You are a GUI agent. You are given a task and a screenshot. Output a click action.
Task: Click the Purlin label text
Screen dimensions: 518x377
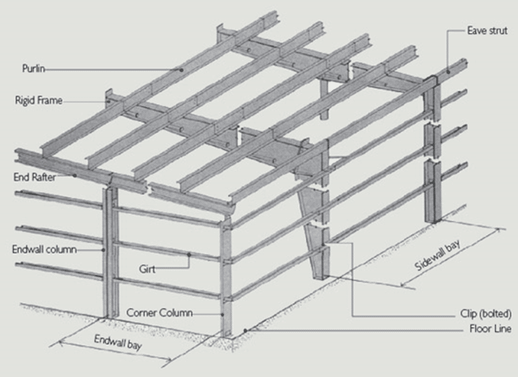(x=33, y=68)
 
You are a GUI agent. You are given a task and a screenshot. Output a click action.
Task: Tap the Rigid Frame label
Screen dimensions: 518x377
(x=38, y=100)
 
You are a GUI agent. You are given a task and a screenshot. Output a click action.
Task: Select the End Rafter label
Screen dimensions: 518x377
(x=34, y=177)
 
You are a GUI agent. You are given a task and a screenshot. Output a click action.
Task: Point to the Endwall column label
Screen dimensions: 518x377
(x=45, y=249)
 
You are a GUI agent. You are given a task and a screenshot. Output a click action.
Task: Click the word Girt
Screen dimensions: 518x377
(x=147, y=269)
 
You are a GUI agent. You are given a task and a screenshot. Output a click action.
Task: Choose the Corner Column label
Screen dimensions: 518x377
(x=160, y=312)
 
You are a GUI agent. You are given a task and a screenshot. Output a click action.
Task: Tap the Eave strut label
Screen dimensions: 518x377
(x=487, y=30)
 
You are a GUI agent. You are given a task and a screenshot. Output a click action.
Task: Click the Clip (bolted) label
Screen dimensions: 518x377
(x=486, y=314)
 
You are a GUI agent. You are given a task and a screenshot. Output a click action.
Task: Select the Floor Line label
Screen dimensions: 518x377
(x=490, y=328)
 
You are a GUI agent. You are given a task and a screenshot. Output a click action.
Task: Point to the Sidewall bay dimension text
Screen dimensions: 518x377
(x=437, y=255)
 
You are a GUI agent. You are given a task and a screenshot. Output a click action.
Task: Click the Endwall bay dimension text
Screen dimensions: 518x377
(x=118, y=342)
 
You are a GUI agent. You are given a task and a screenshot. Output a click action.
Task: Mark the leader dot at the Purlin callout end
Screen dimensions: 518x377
(x=181, y=69)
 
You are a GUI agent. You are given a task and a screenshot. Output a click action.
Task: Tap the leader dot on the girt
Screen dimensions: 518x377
(x=190, y=254)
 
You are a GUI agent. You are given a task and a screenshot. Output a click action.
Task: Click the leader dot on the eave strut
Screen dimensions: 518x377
(x=449, y=70)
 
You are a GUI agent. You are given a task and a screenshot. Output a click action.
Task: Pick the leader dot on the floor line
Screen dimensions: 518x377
(x=246, y=330)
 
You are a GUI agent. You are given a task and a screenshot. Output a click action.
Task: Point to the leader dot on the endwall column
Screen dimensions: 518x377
(x=103, y=250)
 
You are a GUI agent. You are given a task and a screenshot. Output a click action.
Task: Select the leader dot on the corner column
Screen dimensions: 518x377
(x=223, y=314)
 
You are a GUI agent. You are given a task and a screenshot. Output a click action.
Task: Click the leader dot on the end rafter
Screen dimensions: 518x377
(x=75, y=175)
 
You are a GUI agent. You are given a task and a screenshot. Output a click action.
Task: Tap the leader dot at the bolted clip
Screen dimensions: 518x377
(x=323, y=245)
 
